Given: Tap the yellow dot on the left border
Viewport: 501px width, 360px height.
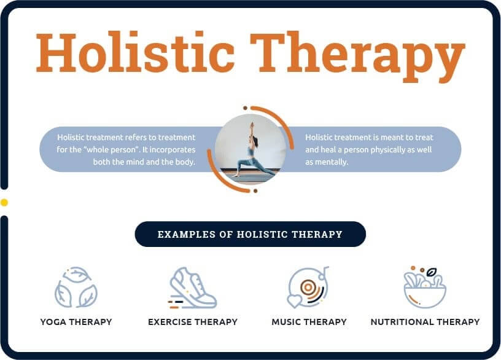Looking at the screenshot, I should tap(4, 202).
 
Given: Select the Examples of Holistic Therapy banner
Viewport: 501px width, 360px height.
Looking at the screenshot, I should tap(250, 234).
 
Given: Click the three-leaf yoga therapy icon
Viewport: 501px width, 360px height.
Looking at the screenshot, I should tap(76, 287).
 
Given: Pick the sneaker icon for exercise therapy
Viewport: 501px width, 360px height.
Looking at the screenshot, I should tap(193, 288).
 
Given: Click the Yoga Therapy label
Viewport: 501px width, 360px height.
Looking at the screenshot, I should tap(76, 322).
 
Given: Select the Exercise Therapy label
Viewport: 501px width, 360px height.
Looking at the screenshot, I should tap(193, 322).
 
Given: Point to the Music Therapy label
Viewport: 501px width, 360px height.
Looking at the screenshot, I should tap(309, 322).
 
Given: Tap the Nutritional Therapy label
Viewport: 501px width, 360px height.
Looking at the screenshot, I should tap(425, 322).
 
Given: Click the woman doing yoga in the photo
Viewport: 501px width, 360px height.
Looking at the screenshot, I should tap(251, 154).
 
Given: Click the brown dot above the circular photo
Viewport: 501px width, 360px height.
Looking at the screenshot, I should tap(245, 108).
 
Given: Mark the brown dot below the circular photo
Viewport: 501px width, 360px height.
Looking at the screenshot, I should tap(255, 191).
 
